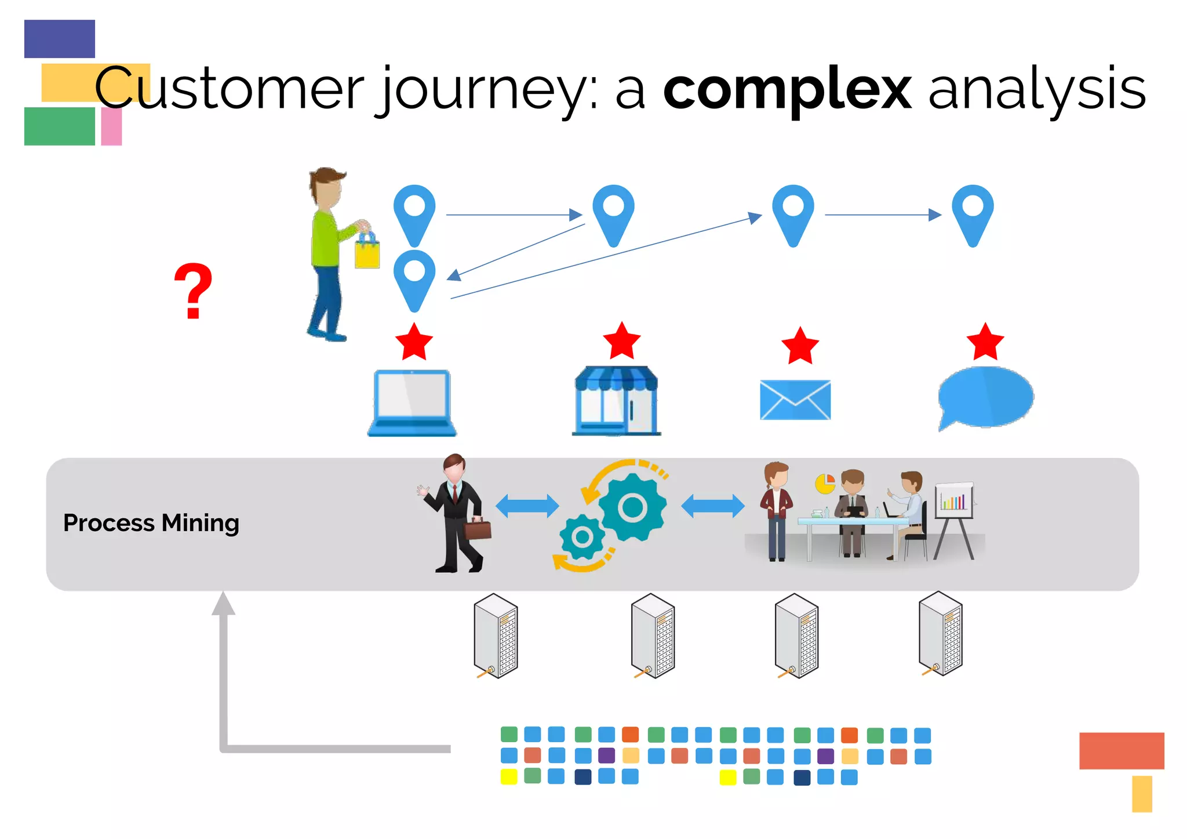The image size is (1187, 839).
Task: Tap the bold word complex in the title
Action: coord(787,89)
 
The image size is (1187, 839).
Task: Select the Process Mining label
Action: coord(151,523)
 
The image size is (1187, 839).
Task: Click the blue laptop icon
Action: coord(412,402)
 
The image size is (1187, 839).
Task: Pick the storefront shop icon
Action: coord(616,401)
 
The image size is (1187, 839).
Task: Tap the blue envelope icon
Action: coord(795,399)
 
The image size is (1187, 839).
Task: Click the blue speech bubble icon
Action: coord(985,397)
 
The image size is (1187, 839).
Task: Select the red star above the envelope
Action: coord(800,346)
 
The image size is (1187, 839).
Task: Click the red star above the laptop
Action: coord(414,342)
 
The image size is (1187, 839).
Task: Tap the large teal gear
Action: coord(632,507)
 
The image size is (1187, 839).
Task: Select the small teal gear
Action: coord(582,537)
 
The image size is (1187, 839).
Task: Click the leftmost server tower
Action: coord(496,636)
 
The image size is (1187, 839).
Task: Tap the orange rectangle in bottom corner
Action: coord(1121,750)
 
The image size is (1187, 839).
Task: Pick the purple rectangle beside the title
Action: coord(60,39)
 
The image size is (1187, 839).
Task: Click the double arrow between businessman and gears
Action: coord(527,506)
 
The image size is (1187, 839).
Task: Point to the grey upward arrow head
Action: coord(223,604)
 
